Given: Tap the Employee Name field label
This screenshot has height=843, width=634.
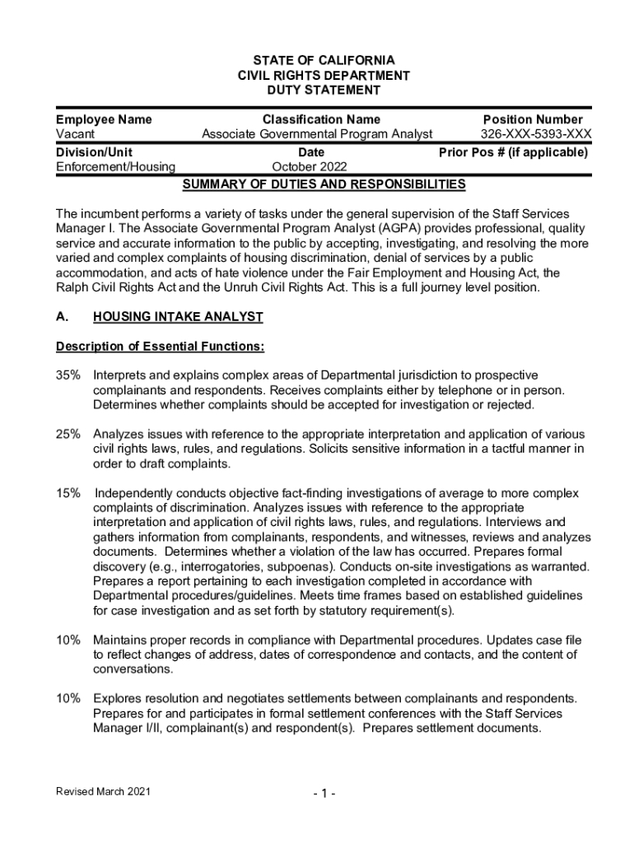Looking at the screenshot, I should click(104, 119).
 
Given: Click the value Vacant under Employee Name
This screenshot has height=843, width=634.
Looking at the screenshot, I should click(75, 134).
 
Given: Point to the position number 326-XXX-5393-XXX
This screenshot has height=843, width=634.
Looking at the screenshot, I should click(536, 134).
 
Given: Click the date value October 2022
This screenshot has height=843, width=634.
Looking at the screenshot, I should click(310, 167).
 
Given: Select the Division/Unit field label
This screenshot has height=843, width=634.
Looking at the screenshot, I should click(94, 152).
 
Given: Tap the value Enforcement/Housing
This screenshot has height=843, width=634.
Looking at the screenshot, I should click(115, 167).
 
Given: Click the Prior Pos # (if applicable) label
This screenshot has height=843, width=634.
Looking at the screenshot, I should click(513, 152).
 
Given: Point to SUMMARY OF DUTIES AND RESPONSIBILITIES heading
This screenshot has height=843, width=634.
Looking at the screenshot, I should click(324, 184).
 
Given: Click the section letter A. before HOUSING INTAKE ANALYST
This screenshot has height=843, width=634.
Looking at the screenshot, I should click(62, 316).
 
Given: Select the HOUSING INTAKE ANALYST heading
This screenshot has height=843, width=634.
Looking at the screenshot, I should click(178, 316).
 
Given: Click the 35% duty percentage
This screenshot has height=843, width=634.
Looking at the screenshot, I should click(68, 375).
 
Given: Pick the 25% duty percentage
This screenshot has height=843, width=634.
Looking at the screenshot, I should click(68, 434).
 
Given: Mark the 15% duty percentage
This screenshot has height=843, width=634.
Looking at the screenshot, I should click(68, 493).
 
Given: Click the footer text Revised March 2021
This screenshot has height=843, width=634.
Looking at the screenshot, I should click(104, 791).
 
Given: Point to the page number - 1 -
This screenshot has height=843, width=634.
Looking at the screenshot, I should click(323, 793).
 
